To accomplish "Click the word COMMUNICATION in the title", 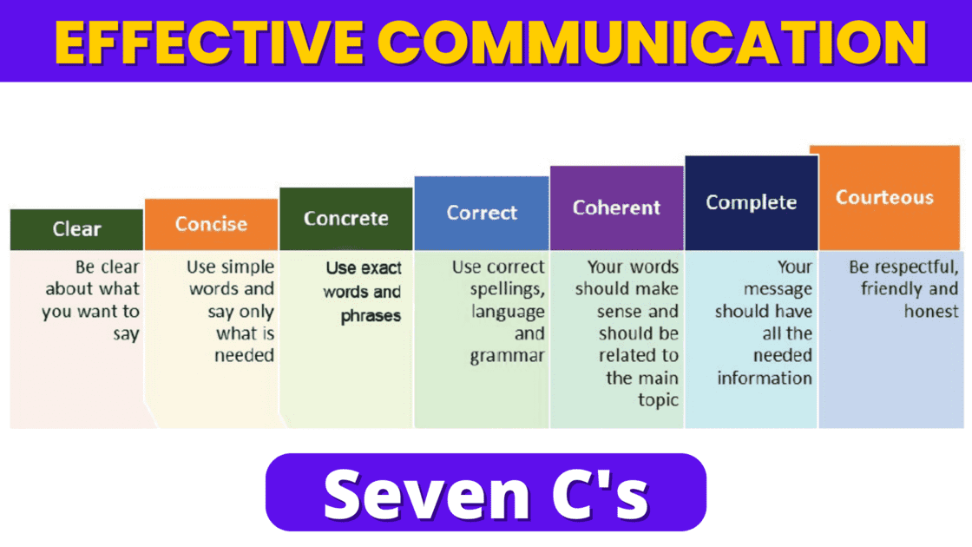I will (647, 42).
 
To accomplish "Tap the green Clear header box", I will (76, 229).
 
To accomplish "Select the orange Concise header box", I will (211, 224).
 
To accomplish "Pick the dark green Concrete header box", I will (345, 218).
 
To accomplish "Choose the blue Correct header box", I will (482, 213).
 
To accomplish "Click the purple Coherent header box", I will (616, 208).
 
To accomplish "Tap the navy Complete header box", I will (751, 202).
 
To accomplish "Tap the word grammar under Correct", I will (508, 356).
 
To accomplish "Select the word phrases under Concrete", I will (371, 316).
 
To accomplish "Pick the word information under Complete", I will (765, 378).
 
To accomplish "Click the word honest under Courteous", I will (931, 312).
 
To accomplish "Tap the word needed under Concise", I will (244, 355).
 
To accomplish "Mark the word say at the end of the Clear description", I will (126, 333).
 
